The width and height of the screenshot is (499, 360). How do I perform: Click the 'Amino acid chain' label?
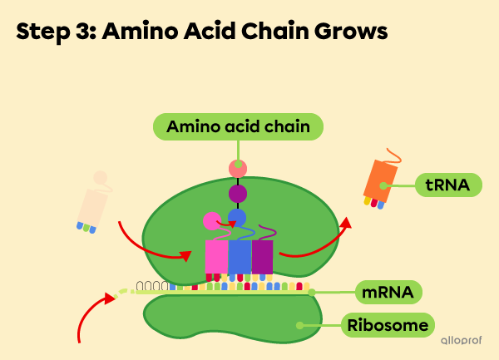(x=238, y=126)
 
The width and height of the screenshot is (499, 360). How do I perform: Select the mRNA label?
(x=388, y=293)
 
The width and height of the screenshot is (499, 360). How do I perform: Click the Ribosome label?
(x=388, y=324)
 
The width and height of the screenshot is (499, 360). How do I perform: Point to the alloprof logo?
(x=463, y=341)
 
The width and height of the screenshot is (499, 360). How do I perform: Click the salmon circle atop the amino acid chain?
(x=238, y=169)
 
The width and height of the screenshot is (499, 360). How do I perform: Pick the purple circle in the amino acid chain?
(x=238, y=194)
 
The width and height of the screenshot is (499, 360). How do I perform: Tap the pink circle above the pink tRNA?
(x=212, y=221)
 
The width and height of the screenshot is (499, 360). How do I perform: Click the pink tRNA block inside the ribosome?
(x=216, y=259)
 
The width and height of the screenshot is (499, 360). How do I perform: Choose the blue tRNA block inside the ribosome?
(x=240, y=259)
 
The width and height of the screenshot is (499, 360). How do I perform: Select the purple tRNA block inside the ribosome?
(x=262, y=258)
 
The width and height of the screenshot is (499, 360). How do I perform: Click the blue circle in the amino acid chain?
(x=237, y=218)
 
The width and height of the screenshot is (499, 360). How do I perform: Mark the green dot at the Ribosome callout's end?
(x=300, y=324)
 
